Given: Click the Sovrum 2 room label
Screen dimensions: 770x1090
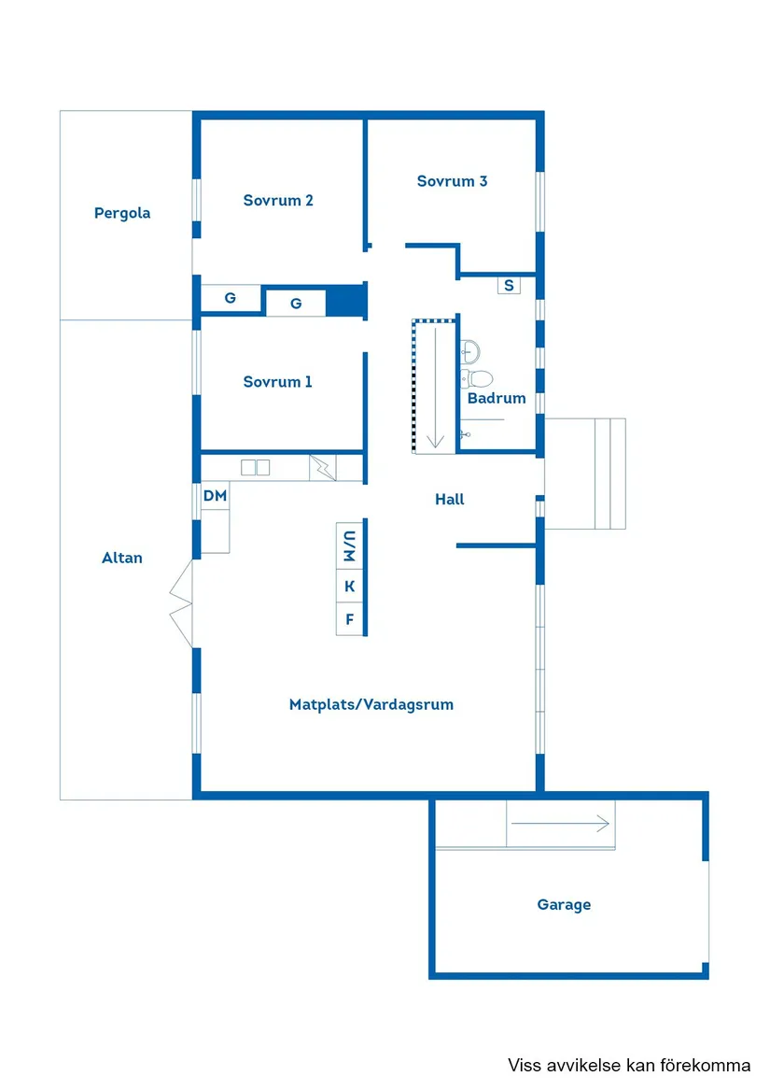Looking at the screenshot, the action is [x=278, y=200].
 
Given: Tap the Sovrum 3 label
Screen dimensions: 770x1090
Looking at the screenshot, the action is [x=452, y=181].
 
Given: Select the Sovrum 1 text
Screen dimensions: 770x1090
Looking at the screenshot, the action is [x=277, y=382].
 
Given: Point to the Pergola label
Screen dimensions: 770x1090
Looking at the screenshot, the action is [x=122, y=213].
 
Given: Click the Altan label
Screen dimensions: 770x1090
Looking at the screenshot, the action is [x=122, y=558].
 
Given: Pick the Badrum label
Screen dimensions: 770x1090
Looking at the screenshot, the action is [x=497, y=398].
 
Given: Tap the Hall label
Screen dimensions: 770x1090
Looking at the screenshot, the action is [x=450, y=499].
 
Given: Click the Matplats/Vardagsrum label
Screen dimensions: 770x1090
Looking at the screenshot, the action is [x=371, y=705].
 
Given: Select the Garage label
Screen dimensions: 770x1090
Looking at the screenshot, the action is [x=564, y=904].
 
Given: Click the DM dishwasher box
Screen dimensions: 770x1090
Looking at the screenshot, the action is [x=215, y=496].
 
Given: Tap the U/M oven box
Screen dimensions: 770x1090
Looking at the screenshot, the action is [x=350, y=545].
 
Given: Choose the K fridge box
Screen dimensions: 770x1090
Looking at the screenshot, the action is [x=350, y=587].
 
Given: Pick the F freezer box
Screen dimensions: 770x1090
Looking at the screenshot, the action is [x=350, y=619].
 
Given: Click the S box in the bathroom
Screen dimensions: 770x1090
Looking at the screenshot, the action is [x=509, y=285].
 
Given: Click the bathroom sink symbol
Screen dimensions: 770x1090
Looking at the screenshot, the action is [x=469, y=352].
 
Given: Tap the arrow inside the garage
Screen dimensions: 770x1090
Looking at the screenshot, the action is [x=560, y=824].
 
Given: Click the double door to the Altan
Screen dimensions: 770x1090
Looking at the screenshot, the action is [x=181, y=604].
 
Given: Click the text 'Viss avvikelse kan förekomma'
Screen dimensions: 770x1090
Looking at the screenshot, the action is [x=629, y=1065].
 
